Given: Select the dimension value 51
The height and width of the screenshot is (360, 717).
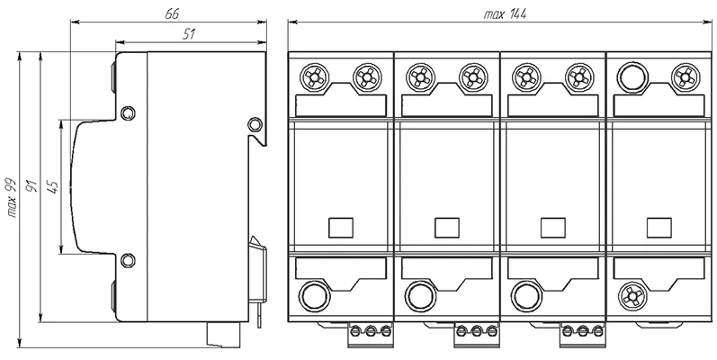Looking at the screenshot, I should click(190, 33).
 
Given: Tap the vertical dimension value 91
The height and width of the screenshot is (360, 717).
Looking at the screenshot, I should click(32, 189).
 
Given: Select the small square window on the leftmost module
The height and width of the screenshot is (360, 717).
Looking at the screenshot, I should click(341, 228).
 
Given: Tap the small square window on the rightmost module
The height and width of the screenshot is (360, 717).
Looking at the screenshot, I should click(659, 228).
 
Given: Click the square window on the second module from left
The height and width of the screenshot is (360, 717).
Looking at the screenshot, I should click(447, 228).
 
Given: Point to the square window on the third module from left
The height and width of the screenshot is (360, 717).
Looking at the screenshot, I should click(553, 228).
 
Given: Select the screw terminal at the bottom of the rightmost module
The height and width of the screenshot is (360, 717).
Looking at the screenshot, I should click(633, 293).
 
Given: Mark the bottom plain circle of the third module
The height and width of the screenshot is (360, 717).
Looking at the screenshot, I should click(526, 293).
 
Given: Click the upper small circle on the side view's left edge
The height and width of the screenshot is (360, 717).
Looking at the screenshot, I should click(128, 113).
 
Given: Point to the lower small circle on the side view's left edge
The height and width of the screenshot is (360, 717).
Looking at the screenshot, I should click(128, 261).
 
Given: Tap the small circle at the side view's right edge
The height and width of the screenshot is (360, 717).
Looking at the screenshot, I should click(255, 123).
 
